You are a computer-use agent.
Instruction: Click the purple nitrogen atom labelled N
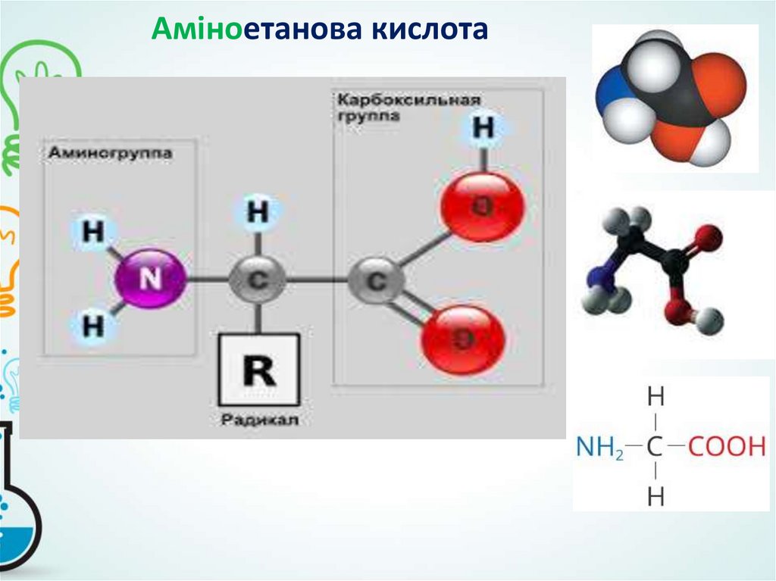(x=149, y=280)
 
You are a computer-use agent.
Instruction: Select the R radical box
(x=258, y=370)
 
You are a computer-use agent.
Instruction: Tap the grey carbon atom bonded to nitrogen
(x=258, y=280)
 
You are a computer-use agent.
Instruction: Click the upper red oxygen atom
(x=482, y=206)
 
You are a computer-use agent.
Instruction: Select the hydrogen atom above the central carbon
(x=258, y=213)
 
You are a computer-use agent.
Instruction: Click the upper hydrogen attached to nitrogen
(x=92, y=232)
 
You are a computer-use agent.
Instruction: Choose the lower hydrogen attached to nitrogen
(x=92, y=326)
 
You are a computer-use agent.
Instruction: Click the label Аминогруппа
(x=111, y=153)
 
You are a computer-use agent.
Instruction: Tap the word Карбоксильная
(x=409, y=100)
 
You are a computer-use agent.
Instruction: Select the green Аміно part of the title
(x=189, y=30)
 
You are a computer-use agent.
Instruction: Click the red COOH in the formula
(x=727, y=447)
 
